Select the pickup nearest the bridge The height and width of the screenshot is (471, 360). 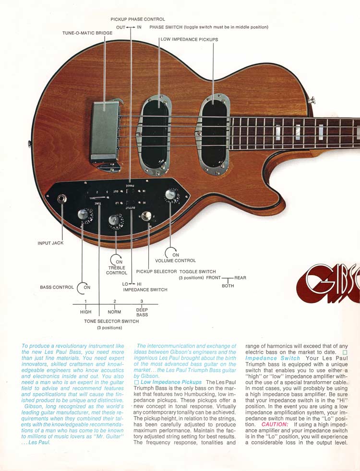click(x=156, y=134)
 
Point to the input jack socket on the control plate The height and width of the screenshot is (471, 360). click(x=62, y=199)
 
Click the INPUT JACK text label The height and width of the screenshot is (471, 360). click(x=50, y=243)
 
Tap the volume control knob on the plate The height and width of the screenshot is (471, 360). click(x=170, y=194)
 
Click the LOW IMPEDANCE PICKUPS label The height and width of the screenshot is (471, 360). click(x=189, y=39)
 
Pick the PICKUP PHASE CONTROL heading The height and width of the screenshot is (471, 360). click(x=138, y=20)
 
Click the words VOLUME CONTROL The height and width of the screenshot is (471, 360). click(x=175, y=261)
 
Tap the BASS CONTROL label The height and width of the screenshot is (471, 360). click(x=57, y=287)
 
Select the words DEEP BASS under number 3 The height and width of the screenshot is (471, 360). click(x=142, y=313)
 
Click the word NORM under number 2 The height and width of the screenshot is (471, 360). click(x=114, y=312)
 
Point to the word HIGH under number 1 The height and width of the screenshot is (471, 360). click(x=85, y=312)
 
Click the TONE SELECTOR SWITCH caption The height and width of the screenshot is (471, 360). click(x=111, y=321)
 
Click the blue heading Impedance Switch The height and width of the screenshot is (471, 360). click(x=272, y=358)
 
